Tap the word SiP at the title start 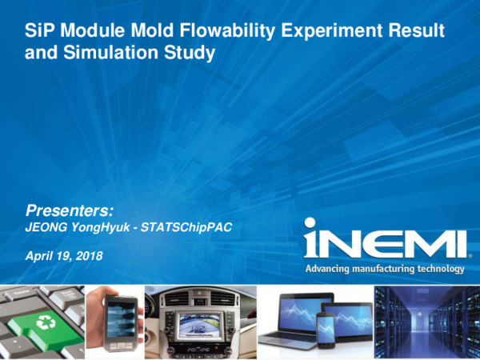coord(38,34)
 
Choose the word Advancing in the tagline coord(330,269)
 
